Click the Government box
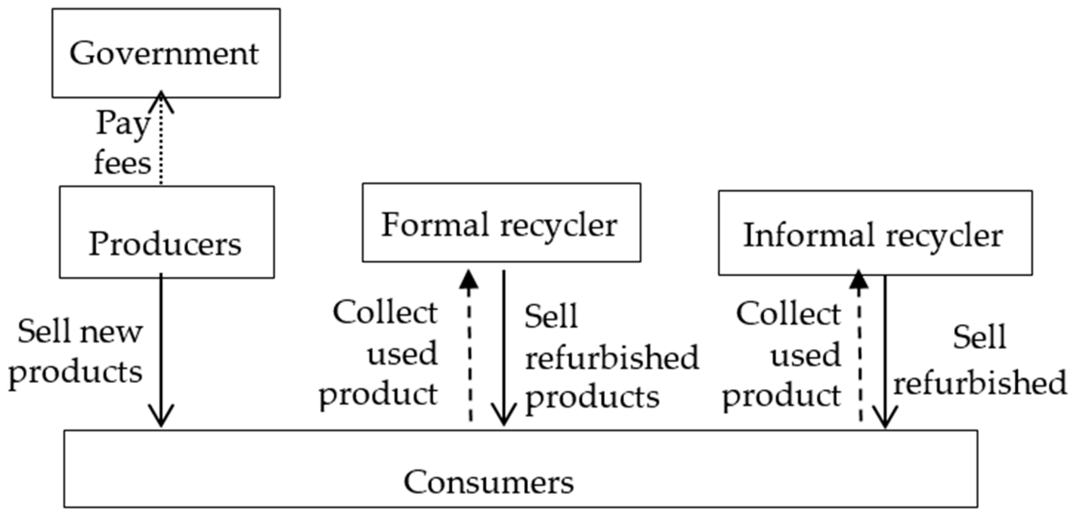click(x=165, y=53)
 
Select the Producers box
click(x=166, y=232)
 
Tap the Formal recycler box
click(x=501, y=223)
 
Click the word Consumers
click(x=488, y=482)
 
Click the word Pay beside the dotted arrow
click(x=123, y=123)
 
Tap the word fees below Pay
click(x=123, y=163)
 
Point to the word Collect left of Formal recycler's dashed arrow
click(x=385, y=313)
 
